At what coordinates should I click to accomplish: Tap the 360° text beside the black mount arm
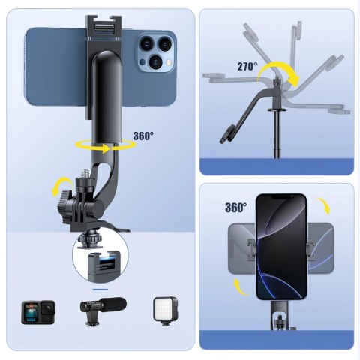click(143, 136)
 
